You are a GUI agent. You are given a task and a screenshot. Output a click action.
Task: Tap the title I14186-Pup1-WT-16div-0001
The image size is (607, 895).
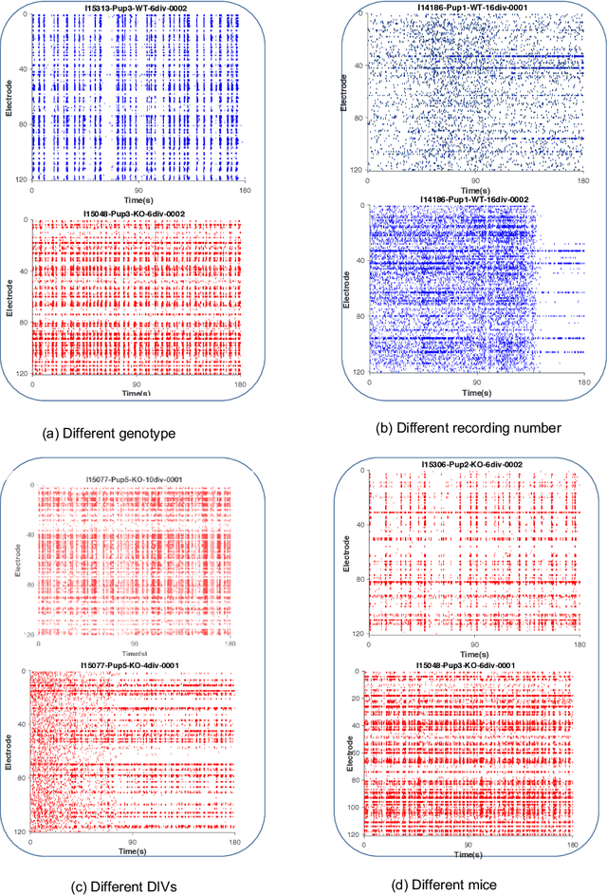tap(469, 7)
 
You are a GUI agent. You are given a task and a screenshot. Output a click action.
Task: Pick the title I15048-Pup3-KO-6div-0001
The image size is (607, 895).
tap(470, 664)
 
